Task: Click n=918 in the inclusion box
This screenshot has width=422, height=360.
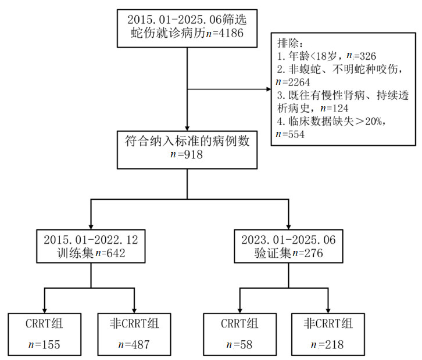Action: pyautogui.click(x=185, y=155)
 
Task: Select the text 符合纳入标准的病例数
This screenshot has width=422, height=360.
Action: pyautogui.click(x=185, y=141)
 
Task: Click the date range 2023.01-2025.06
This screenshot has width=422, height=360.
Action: pyautogui.click(x=289, y=239)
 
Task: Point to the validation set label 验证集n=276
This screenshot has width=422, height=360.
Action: pyautogui.click(x=289, y=253)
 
